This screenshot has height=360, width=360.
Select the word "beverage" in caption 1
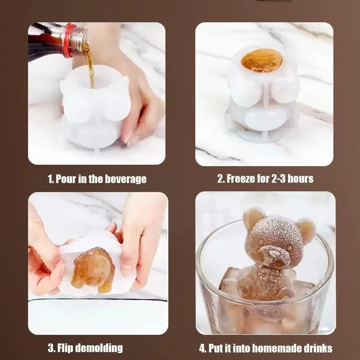[126, 179]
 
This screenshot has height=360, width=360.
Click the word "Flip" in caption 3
[65, 348]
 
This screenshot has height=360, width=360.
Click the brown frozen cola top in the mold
[261, 60]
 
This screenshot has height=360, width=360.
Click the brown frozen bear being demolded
[93, 270]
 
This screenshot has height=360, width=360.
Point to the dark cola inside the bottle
[45, 41]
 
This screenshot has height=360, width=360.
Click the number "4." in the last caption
[203, 348]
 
